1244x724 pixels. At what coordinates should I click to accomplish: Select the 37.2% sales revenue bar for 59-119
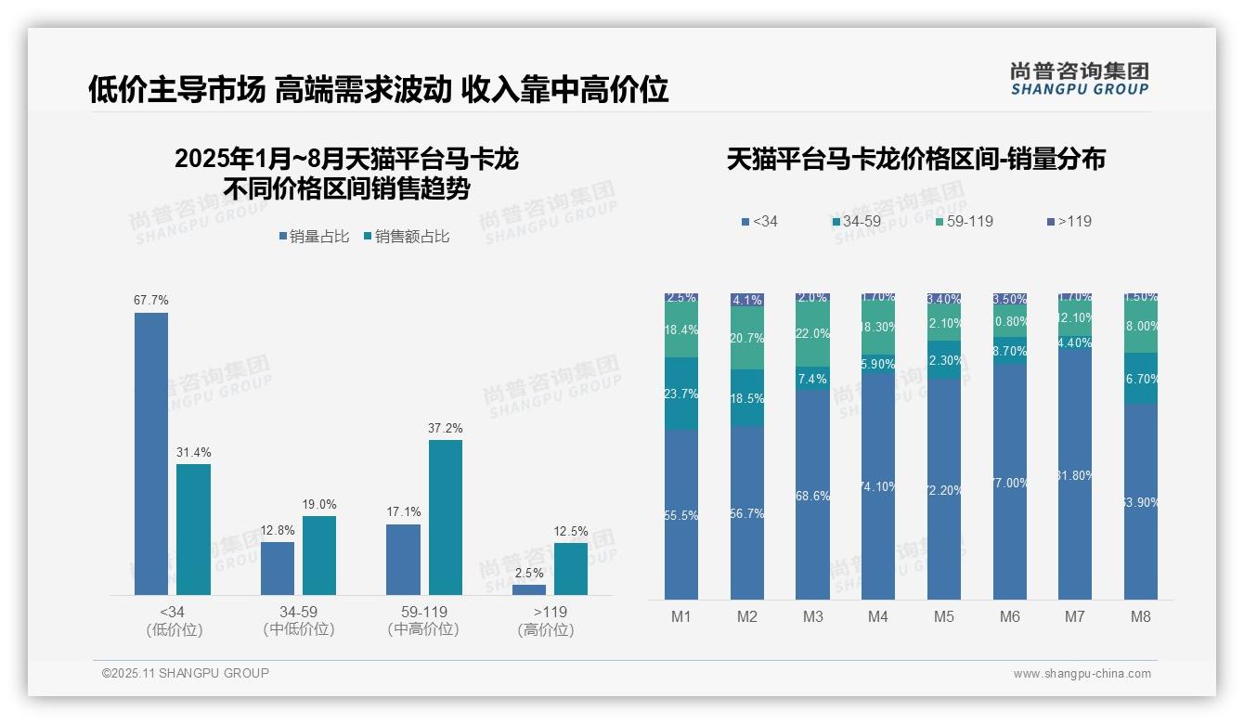coord(445,517)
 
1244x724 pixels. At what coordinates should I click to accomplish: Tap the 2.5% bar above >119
coord(529,589)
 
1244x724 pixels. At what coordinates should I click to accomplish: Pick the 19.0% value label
coord(318,505)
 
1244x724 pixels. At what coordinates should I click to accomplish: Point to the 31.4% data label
coord(193,453)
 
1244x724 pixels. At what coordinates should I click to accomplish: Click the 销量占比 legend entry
coord(314,237)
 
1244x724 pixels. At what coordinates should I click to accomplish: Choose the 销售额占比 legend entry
coord(407,237)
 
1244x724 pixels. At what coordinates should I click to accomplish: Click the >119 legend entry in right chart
coord(1069,222)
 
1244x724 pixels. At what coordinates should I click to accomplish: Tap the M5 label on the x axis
coord(943,617)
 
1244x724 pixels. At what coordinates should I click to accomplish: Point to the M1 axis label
coord(680,617)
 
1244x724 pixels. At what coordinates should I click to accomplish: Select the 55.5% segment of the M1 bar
coord(681,514)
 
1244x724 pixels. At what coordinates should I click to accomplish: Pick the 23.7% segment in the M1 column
coord(681,394)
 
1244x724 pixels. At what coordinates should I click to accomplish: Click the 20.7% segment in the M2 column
coord(747,338)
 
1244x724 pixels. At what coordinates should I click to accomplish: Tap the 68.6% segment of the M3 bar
coord(812,495)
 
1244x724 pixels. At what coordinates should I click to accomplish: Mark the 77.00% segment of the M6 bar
coord(1009,482)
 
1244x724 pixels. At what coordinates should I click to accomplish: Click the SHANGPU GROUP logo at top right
coord(1080,78)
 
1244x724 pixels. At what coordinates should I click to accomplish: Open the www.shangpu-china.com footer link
coord(1082,674)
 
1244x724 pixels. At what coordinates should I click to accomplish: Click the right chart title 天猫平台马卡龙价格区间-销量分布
coord(915,160)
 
